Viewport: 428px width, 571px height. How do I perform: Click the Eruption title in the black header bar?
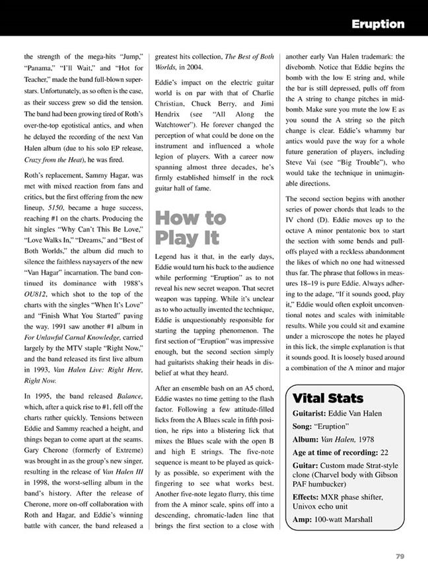point(378,24)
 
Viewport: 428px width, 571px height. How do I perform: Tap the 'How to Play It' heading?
point(190,228)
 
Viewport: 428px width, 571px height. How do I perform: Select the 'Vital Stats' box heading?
point(328,399)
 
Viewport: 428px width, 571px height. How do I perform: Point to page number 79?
point(400,556)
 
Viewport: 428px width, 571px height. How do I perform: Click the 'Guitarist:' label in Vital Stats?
point(314,413)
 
